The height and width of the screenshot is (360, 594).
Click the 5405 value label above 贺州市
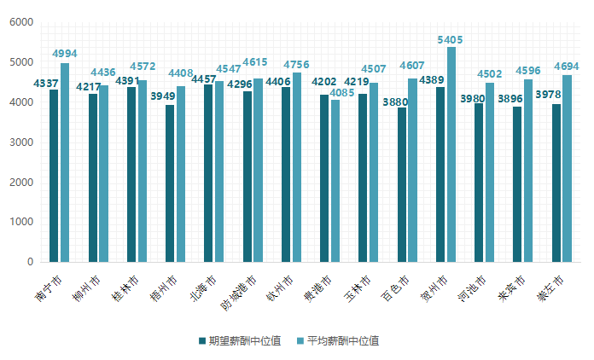click(x=450, y=40)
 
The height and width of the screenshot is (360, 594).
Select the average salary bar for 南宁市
click(x=65, y=162)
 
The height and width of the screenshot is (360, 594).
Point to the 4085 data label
click(x=342, y=93)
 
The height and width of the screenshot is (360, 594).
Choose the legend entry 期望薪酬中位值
click(x=239, y=340)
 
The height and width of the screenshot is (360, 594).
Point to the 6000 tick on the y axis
click(x=21, y=22)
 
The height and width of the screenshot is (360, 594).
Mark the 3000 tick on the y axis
click(x=21, y=142)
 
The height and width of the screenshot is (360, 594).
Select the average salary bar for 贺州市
click(x=451, y=154)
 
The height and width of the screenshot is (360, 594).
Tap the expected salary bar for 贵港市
click(x=324, y=178)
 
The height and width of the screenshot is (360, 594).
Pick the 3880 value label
click(x=395, y=102)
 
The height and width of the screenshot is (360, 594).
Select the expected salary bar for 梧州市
click(x=170, y=183)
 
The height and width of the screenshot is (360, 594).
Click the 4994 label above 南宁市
click(x=64, y=54)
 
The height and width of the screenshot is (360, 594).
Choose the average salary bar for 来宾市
click(x=528, y=171)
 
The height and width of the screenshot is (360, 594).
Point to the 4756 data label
click(x=296, y=65)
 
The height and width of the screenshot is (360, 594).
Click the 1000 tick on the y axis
click(x=21, y=222)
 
